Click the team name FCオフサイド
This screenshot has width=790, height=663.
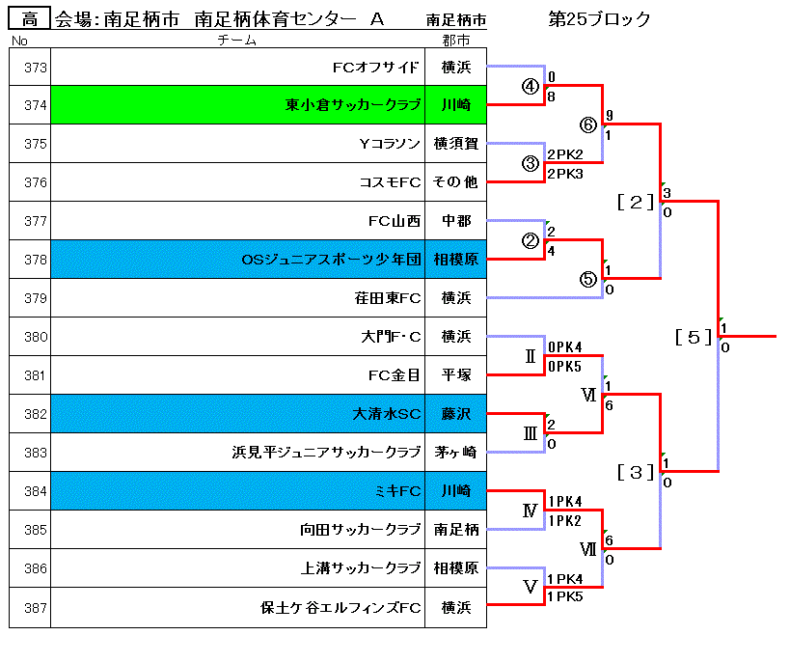tap(375, 67)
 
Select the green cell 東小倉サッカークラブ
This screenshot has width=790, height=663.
tap(238, 105)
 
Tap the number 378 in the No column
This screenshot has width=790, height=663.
tap(36, 260)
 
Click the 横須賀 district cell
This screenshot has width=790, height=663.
tap(456, 144)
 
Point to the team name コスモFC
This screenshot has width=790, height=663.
tap(390, 182)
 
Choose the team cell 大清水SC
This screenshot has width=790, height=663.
tap(238, 414)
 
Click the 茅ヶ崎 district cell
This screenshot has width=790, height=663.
tap(456, 453)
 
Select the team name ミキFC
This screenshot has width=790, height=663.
tap(398, 491)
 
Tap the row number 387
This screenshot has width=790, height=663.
tap(36, 608)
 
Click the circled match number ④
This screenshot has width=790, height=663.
tap(530, 87)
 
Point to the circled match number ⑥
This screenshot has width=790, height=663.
tap(588, 124)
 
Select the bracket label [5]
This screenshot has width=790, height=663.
tap(694, 337)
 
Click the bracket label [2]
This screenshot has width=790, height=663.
tap(636, 202)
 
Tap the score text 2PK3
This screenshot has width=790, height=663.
tap(565, 174)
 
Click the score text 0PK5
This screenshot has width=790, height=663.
tap(565, 367)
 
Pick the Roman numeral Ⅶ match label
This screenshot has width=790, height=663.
tap(588, 548)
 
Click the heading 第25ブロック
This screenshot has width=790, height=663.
tap(599, 19)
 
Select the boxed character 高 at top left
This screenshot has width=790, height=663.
tap(30, 19)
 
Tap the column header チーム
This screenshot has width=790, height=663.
tap(236, 41)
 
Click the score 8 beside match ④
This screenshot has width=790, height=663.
tap(551, 97)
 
